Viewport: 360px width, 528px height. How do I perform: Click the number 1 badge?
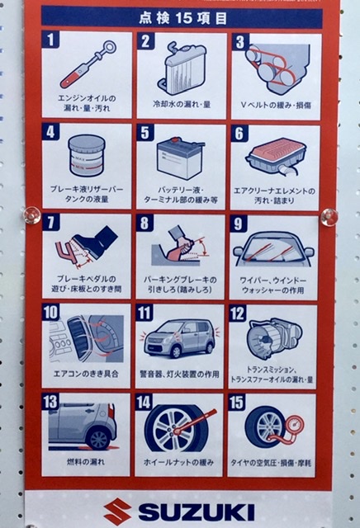coord(50,40)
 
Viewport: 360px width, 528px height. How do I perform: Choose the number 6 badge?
coord(239,134)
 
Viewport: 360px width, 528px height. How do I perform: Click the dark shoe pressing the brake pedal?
coord(96,242)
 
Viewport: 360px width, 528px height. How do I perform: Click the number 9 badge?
coord(238,224)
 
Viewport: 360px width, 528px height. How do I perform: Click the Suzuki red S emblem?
coord(117,511)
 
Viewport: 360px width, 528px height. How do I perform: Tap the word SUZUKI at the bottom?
coord(197,512)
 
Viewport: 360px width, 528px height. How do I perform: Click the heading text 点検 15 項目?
coord(182,18)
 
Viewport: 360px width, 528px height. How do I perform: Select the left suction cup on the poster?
coord(32,215)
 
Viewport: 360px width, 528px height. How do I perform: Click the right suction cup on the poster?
coord(329,217)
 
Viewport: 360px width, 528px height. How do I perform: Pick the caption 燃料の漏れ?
coord(86,462)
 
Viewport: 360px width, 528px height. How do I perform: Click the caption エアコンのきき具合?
coord(86,374)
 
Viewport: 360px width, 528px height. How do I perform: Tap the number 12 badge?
coord(237,313)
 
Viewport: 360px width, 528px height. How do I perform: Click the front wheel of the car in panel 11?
coord(176,351)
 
